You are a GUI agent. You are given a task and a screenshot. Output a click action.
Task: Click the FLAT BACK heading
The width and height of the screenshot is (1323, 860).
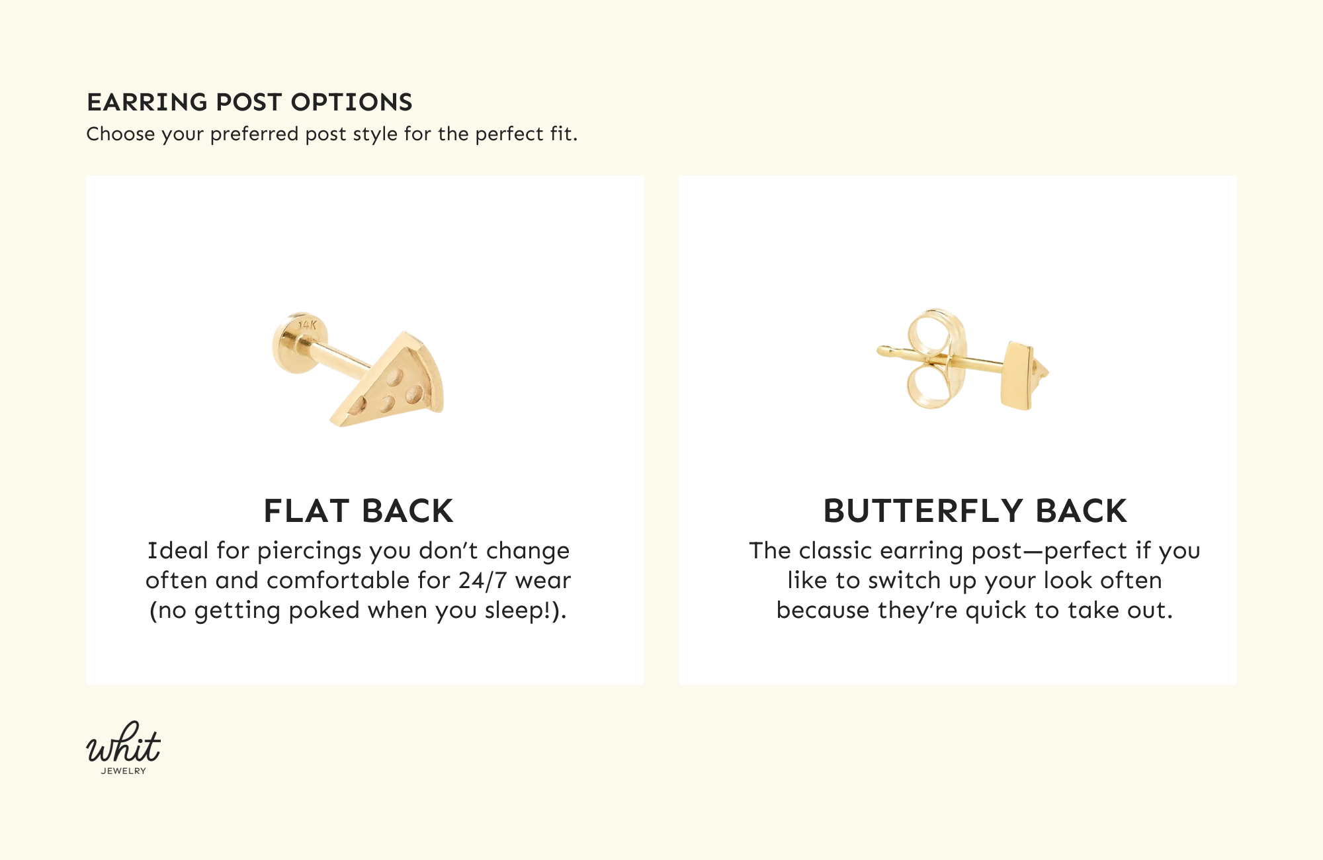coord(359,511)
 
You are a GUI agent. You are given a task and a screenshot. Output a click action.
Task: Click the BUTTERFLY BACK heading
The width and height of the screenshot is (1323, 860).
coord(975,511)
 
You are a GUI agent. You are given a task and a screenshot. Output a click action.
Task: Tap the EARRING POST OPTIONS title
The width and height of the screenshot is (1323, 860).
coord(249,102)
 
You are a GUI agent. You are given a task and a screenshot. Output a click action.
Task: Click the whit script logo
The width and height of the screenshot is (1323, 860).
coord(124,744)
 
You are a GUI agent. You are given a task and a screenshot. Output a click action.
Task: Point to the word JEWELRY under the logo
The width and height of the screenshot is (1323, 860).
coord(124,771)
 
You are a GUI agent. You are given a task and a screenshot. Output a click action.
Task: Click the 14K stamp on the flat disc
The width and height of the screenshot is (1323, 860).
coord(308,325)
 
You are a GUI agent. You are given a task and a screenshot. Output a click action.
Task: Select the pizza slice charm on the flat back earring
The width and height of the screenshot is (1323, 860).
coord(394,384)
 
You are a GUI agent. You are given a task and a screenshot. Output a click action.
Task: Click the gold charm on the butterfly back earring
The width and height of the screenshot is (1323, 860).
coord(1017,374)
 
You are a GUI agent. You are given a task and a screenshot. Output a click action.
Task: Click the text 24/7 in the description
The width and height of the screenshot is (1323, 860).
coord(482,580)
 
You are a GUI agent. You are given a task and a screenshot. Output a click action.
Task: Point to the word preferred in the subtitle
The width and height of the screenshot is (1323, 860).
coord(254,134)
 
